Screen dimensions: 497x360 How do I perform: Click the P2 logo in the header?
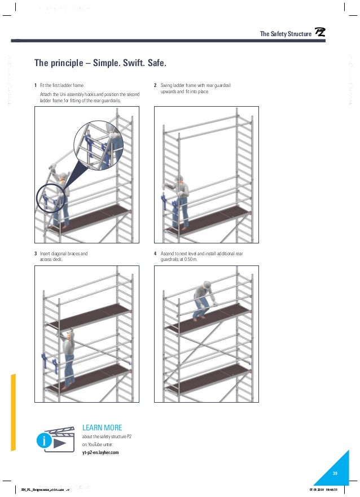click(x=319, y=34)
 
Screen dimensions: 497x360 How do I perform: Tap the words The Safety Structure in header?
click(x=286, y=34)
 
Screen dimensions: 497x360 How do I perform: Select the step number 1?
click(x=36, y=85)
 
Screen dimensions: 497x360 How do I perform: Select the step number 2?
click(x=155, y=85)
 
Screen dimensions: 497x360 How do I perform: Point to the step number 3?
click(x=36, y=254)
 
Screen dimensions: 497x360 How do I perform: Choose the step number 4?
click(x=155, y=254)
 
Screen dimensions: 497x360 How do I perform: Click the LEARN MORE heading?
click(x=102, y=428)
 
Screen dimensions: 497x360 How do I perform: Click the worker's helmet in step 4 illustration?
click(x=207, y=285)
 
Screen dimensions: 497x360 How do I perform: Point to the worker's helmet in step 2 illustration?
click(x=179, y=178)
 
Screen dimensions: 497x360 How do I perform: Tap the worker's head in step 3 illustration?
click(x=69, y=335)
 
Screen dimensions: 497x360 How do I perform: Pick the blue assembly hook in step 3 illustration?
click(x=46, y=361)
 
